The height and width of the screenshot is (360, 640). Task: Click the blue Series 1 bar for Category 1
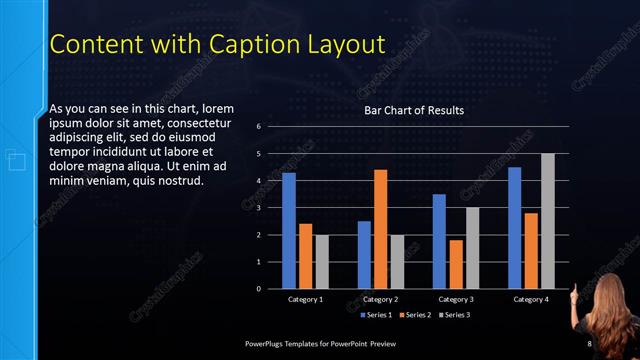coord(289,231)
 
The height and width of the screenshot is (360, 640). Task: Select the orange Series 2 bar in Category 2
coord(381,229)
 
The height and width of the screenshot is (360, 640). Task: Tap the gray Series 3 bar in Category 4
coord(547,221)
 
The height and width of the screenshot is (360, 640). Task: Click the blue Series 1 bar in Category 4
coord(515,228)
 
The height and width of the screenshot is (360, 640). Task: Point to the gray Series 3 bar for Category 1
coord(321,262)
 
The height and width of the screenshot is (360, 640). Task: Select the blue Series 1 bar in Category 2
coord(364,255)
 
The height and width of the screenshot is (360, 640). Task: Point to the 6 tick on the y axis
coord(258,127)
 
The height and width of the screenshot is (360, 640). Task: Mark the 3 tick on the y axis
coord(258,208)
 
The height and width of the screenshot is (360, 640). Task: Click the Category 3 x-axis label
coord(456,299)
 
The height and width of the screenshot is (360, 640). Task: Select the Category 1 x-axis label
coord(305,299)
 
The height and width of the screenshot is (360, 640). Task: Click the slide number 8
coord(589,344)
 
